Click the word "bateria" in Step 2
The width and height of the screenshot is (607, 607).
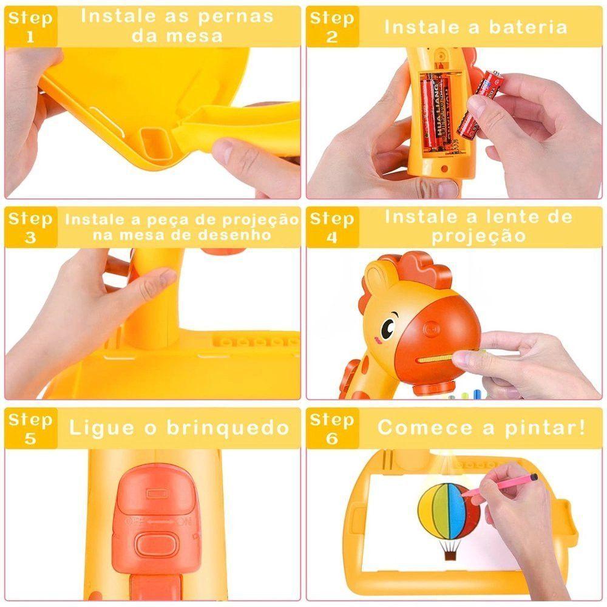point(528,27)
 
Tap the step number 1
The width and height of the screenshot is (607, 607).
point(30,37)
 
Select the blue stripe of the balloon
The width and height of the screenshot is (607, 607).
point(449,510)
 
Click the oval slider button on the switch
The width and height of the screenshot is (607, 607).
point(154,544)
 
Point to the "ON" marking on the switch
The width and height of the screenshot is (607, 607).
point(185,521)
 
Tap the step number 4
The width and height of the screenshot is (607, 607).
point(332,238)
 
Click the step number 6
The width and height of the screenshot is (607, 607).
point(332,439)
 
